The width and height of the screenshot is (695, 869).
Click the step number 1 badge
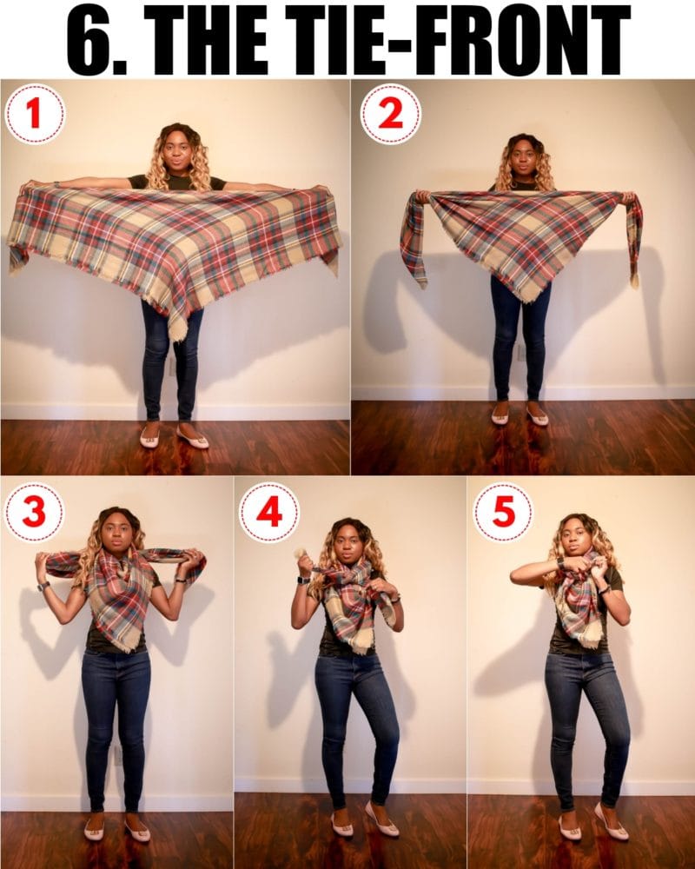tap(35, 114)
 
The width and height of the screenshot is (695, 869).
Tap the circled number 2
tap(391, 114)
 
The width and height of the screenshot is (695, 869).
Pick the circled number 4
tap(268, 513)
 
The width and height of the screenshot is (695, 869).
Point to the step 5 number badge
tap(503, 513)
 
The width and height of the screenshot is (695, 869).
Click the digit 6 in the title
tap(94, 40)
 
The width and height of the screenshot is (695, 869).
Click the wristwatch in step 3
tap(42, 587)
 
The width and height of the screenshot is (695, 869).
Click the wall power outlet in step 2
tap(520, 352)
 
